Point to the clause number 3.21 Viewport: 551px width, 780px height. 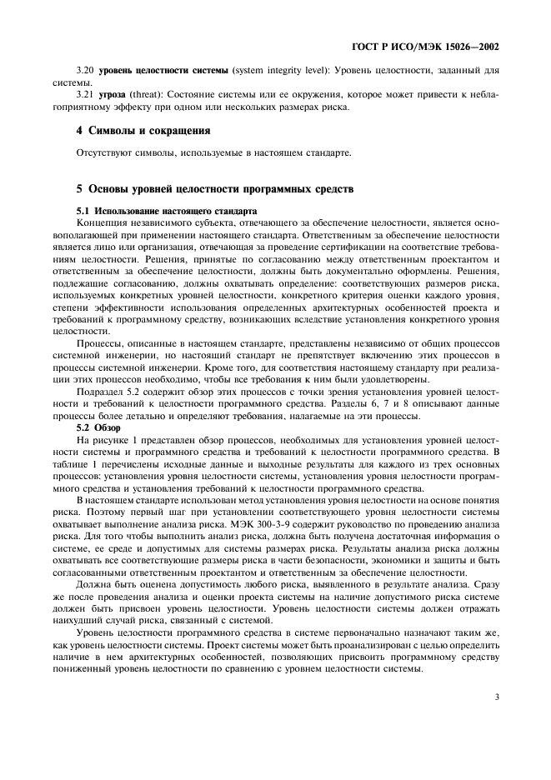point(85,95)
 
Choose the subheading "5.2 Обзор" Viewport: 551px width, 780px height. point(98,427)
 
